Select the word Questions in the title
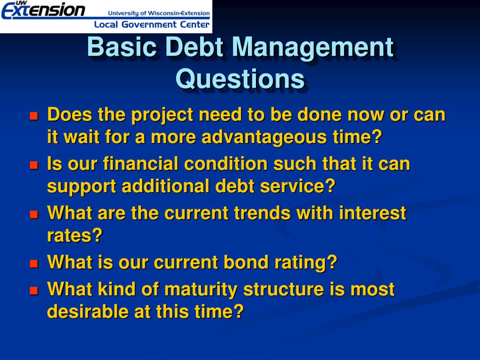[240, 78]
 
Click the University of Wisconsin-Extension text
[159, 13]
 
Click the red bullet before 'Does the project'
[34, 116]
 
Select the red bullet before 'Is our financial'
[34, 165]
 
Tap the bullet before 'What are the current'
[34, 215]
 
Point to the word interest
[372, 213]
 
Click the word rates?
[75, 235]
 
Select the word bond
[247, 262]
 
